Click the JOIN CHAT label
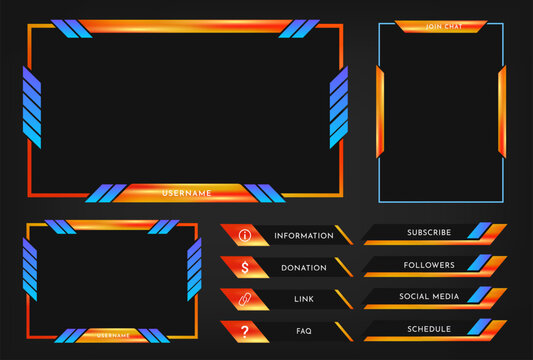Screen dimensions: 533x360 (x=440, y=26)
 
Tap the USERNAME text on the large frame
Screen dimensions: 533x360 (x=186, y=192)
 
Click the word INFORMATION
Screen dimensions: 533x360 (x=303, y=236)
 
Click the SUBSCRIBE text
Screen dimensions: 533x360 (x=428, y=233)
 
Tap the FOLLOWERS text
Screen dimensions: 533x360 (x=429, y=265)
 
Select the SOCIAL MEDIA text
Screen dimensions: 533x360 (x=429, y=297)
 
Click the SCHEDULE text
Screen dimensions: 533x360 (x=429, y=329)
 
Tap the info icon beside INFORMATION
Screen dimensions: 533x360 (x=245, y=236)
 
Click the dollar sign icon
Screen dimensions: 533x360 (x=245, y=268)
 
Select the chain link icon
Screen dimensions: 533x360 (x=245, y=299)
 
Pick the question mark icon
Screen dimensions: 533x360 (x=245, y=331)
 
